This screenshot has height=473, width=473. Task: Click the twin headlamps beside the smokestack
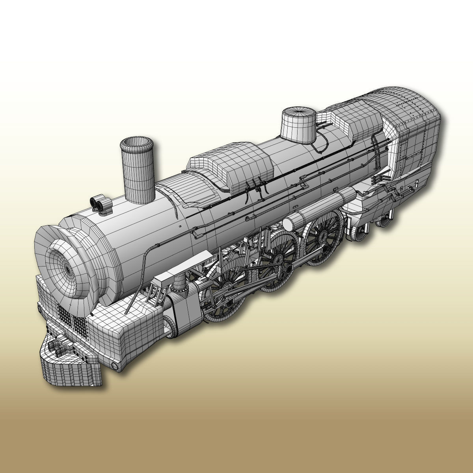101,204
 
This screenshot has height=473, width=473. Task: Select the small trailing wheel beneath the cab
359,233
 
